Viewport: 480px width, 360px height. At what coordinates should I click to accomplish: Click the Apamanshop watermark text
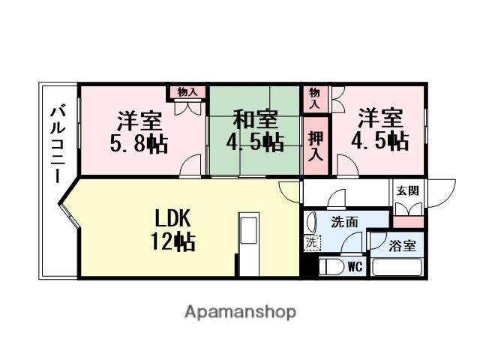[x=240, y=311]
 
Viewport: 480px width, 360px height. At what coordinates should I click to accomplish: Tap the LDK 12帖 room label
[x=174, y=230]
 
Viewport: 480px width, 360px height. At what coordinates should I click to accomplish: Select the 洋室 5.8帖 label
[x=139, y=131]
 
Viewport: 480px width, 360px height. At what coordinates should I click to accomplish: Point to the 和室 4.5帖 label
[x=255, y=130]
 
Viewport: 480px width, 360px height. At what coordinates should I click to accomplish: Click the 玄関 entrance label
[x=408, y=191]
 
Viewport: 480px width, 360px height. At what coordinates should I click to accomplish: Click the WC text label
[x=355, y=266]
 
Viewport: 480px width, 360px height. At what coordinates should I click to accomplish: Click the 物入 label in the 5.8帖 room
[x=187, y=92]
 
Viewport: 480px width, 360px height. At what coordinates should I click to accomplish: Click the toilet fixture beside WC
[x=330, y=268]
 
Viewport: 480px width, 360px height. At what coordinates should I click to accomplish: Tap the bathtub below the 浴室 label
[x=397, y=267]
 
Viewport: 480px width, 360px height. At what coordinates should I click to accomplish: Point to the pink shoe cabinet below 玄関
[x=408, y=221]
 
